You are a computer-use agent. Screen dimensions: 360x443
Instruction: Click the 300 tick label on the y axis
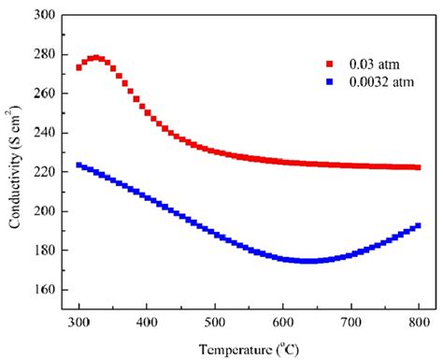pyautogui.click(x=47, y=16)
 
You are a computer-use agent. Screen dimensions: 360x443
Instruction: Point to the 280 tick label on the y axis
pyautogui.click(x=47, y=54)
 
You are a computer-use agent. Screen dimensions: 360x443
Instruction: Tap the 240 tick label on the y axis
pyautogui.click(x=47, y=133)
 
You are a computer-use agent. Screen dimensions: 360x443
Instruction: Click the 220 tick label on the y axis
pyautogui.click(x=47, y=172)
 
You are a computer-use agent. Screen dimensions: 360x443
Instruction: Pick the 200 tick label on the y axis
pyautogui.click(x=47, y=211)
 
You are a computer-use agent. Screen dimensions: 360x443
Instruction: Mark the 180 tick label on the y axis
pyautogui.click(x=47, y=251)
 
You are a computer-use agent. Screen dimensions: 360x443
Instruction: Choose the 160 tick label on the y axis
pyautogui.click(x=47, y=290)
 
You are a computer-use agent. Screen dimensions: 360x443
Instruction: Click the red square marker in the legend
pyautogui.click(x=330, y=65)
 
